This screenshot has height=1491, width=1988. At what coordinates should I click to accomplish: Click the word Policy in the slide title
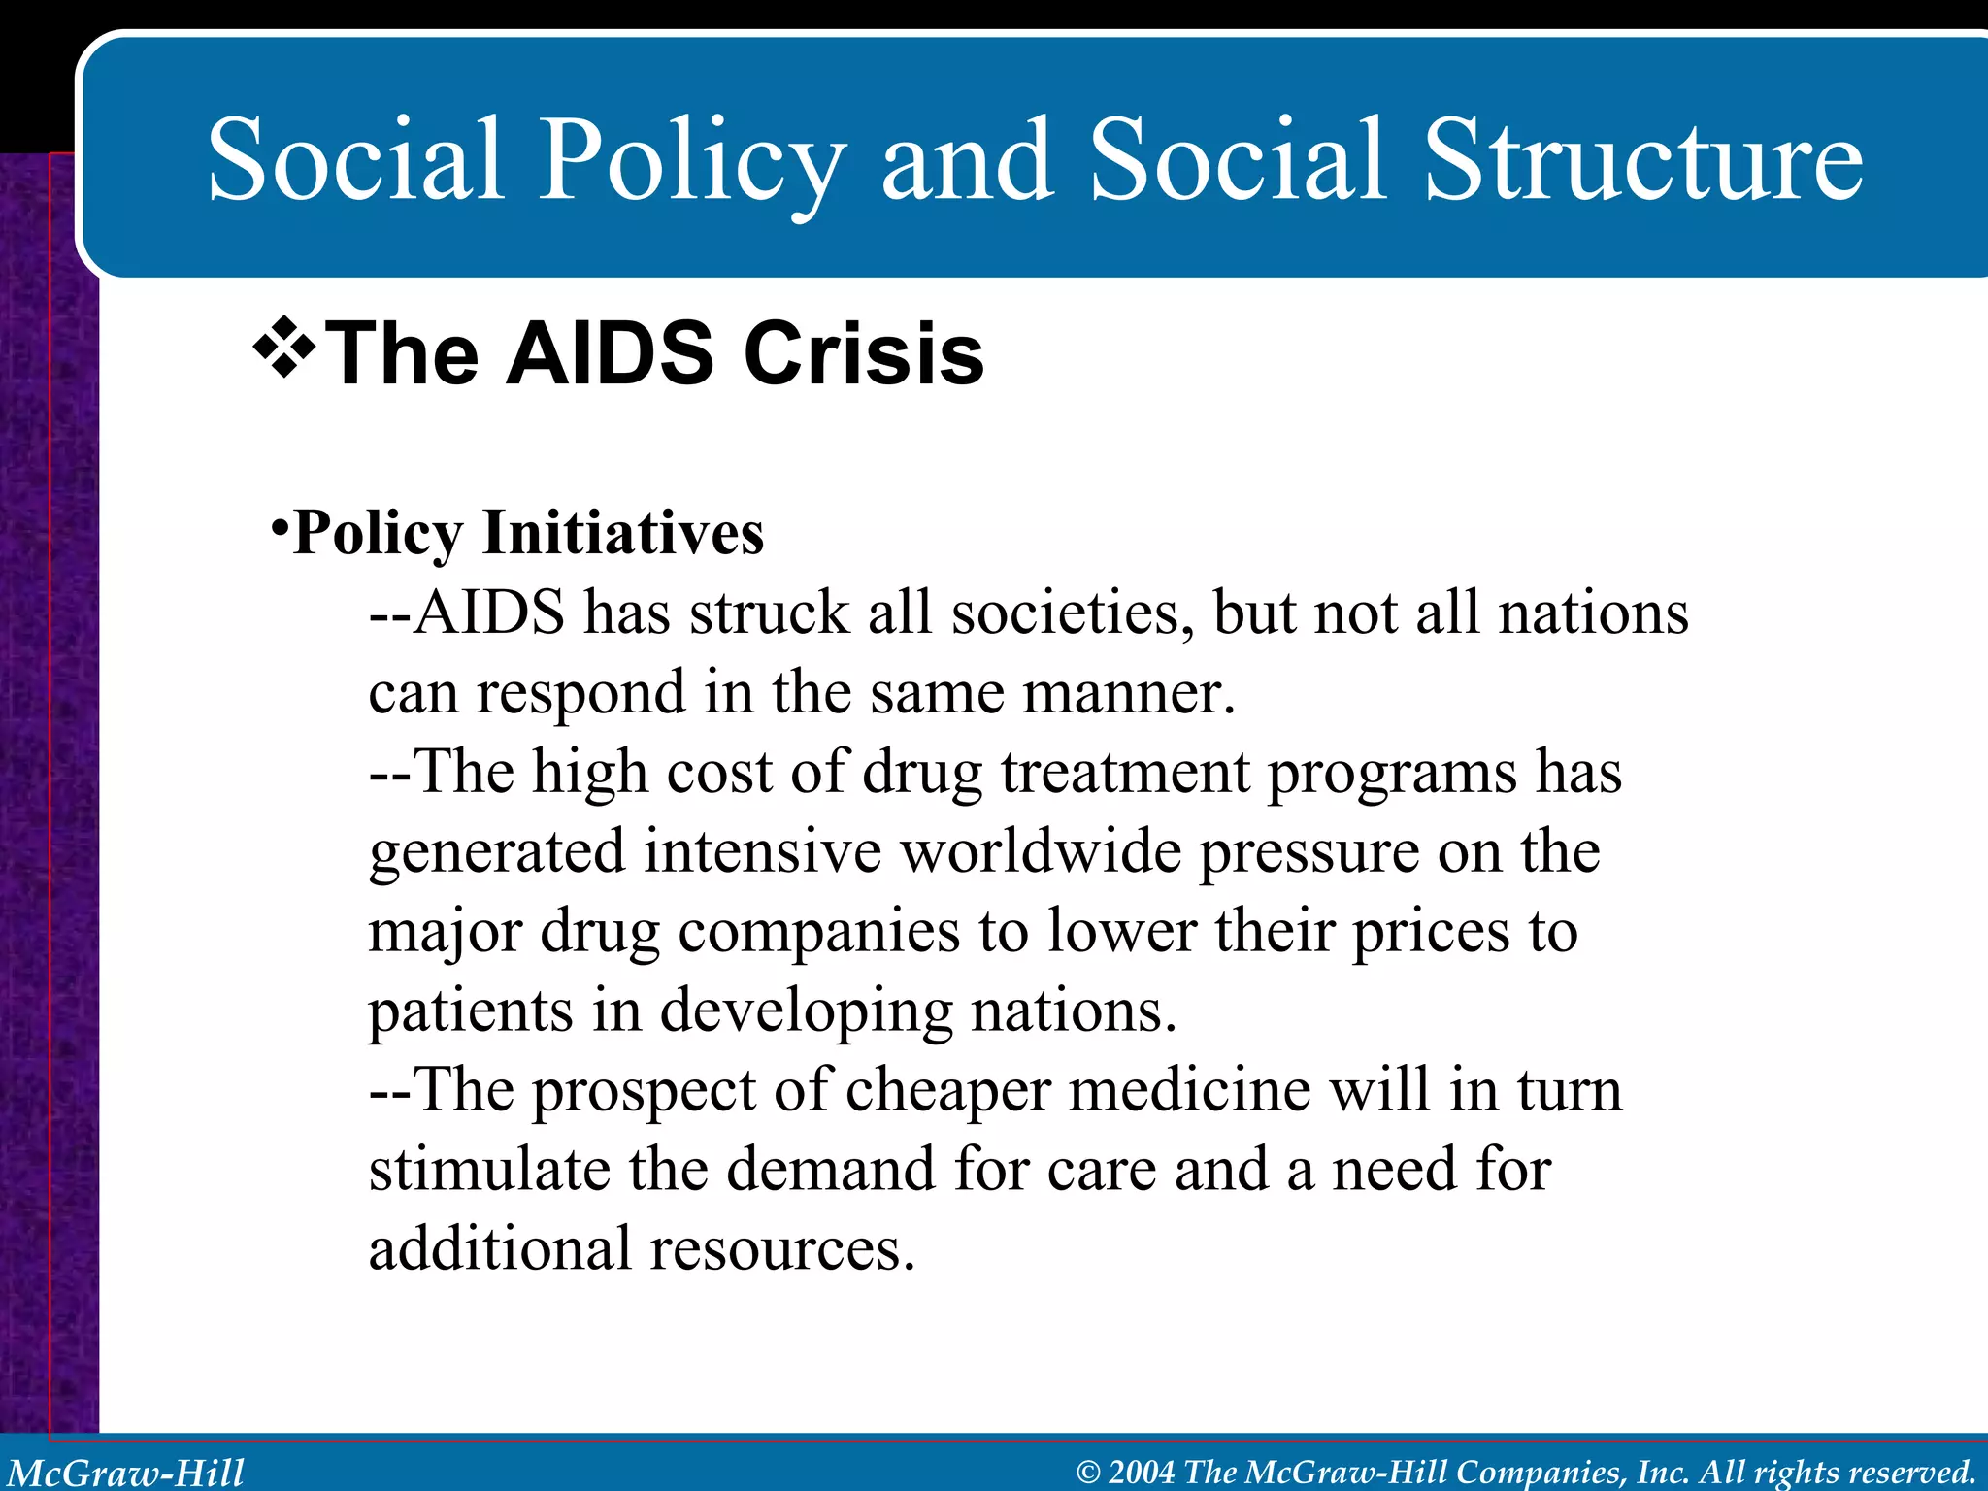tap(691, 160)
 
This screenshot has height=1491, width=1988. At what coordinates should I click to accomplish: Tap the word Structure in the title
tap(1642, 160)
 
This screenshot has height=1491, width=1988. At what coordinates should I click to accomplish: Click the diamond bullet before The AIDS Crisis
tap(284, 348)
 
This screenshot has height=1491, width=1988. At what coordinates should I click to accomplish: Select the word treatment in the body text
tap(1126, 773)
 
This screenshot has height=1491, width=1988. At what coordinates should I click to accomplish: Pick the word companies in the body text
tap(819, 932)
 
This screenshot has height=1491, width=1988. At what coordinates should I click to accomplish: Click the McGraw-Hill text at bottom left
tap(126, 1473)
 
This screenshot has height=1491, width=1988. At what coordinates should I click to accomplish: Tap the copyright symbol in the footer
tap(1088, 1473)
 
